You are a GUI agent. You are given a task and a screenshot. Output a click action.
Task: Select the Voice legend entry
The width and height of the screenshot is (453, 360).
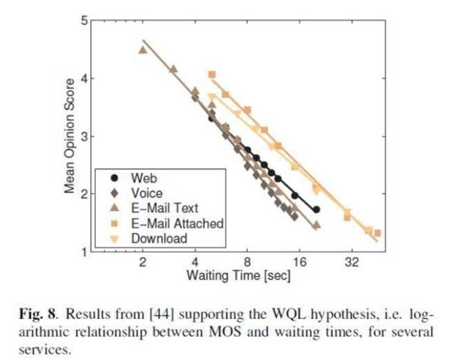tap(146, 192)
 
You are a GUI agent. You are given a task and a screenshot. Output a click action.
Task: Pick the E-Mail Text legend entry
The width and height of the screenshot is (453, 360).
tap(164, 208)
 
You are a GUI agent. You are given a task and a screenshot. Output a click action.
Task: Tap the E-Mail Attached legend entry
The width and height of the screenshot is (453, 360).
tap(177, 223)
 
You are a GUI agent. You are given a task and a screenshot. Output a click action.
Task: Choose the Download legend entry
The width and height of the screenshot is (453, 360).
tap(158, 239)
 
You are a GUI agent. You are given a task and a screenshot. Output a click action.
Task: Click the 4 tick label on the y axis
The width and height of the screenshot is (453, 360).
tap(84, 79)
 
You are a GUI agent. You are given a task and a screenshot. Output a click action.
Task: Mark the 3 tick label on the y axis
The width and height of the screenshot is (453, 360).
tap(84, 136)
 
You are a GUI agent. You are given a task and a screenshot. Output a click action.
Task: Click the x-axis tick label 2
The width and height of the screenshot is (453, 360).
tap(142, 263)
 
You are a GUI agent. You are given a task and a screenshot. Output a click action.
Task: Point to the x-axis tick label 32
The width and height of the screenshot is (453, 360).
tap(351, 263)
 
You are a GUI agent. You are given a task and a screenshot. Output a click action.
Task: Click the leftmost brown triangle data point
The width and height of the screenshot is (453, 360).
tap(142, 50)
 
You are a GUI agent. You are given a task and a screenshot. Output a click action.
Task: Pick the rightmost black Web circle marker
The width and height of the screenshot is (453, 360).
tap(316, 210)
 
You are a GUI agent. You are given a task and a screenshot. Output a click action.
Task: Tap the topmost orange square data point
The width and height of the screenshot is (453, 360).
tap(211, 74)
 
